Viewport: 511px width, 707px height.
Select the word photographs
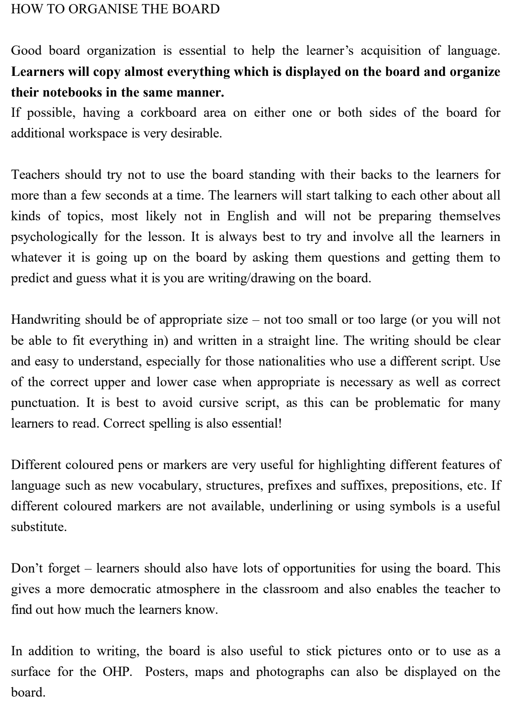click(290, 672)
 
